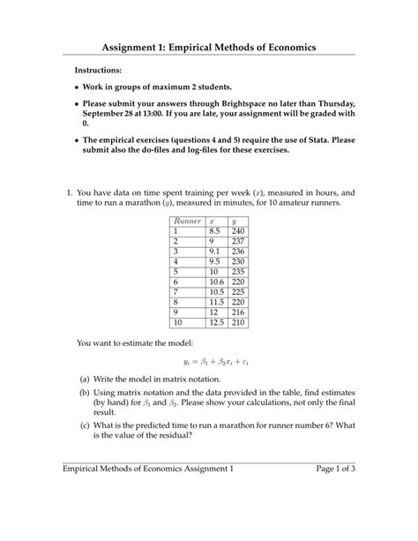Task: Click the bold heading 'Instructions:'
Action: click(x=99, y=69)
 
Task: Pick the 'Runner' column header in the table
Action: click(x=188, y=221)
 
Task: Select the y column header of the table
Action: click(x=234, y=221)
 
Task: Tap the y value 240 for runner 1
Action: click(x=237, y=231)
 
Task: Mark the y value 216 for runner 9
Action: click(x=237, y=312)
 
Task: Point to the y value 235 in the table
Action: click(x=237, y=272)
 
